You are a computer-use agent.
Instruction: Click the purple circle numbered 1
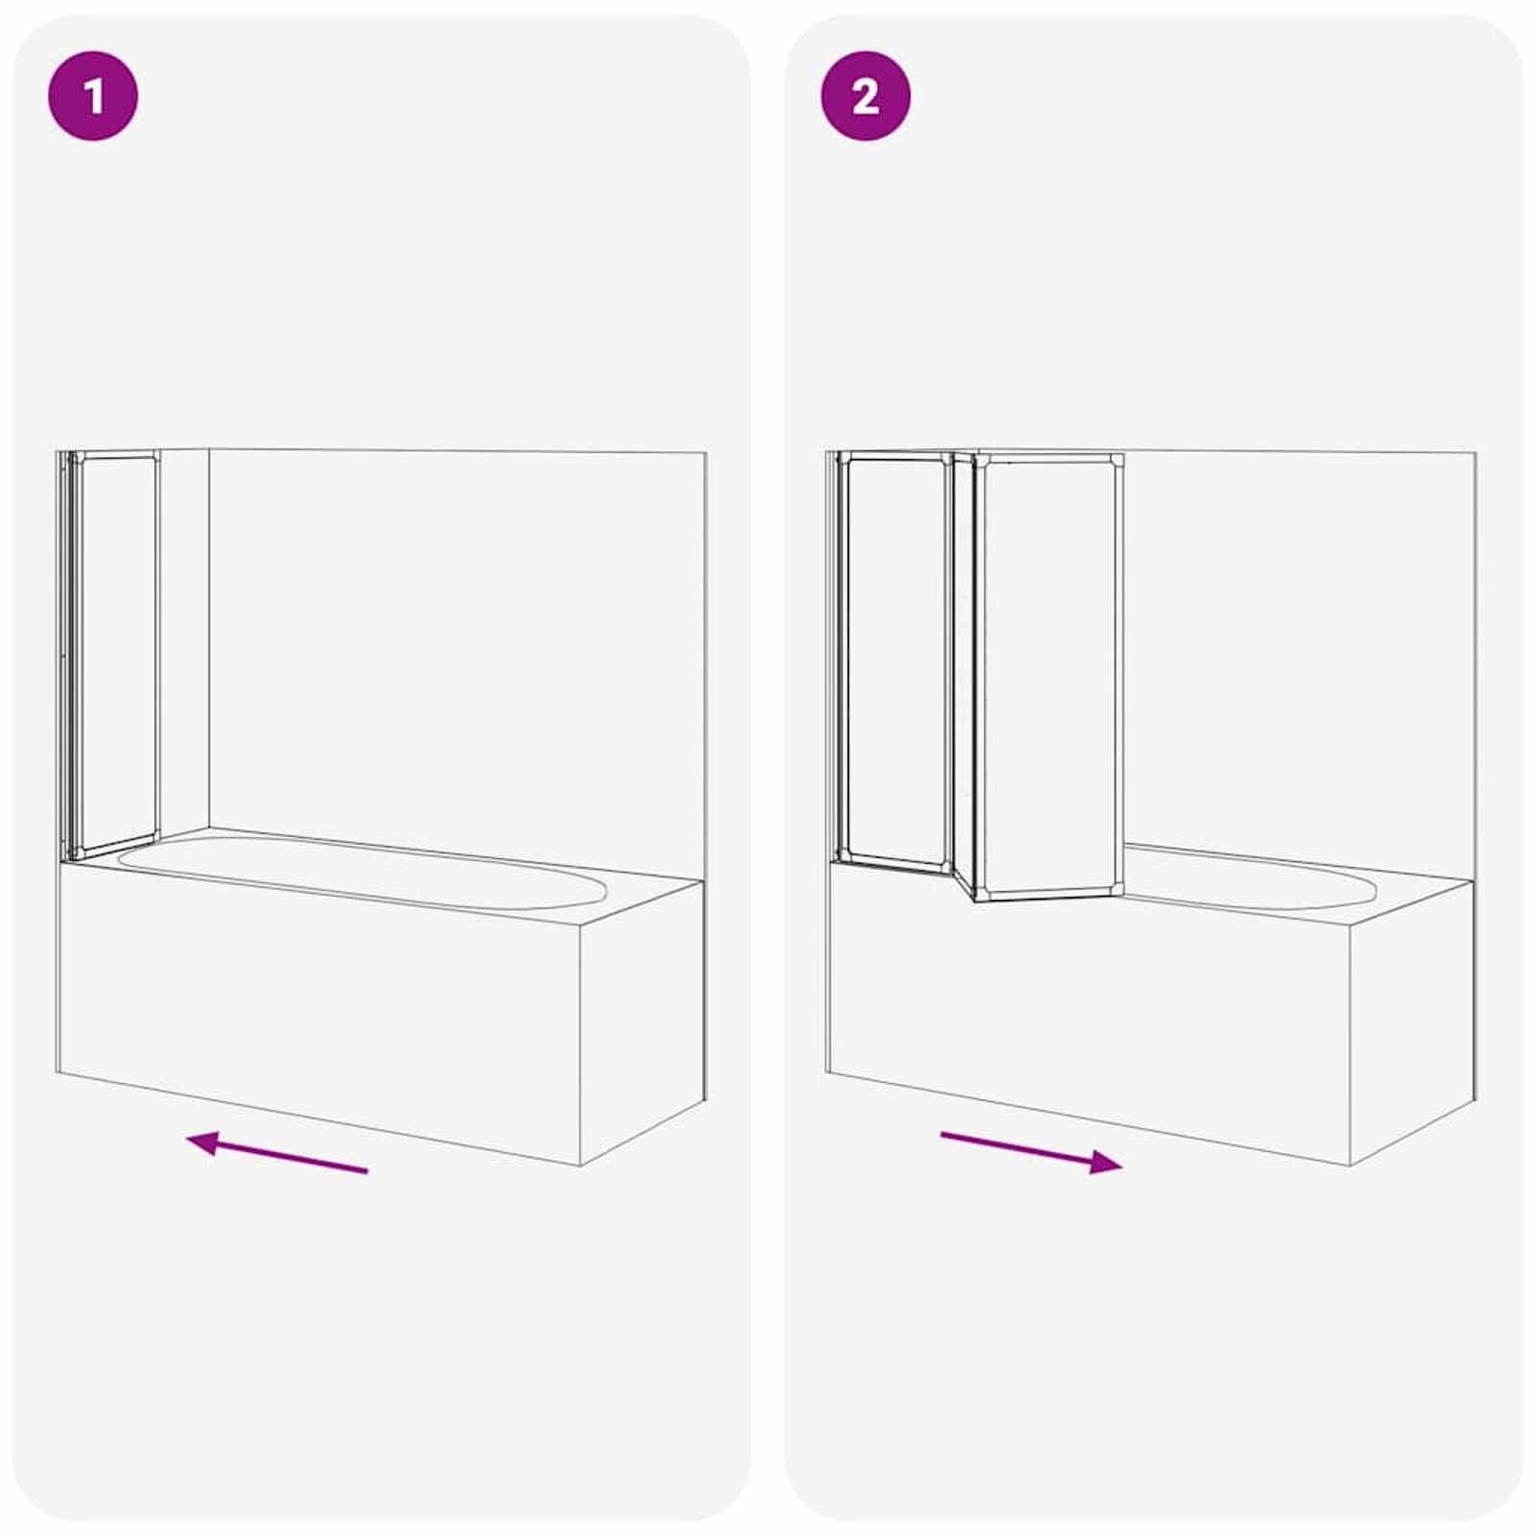tap(93, 96)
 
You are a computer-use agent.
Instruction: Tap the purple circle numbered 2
tap(865, 96)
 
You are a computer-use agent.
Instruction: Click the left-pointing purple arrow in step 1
tap(277, 1153)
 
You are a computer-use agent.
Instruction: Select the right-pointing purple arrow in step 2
tap(1031, 1151)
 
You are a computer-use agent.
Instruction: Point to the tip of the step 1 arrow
tap(189, 1139)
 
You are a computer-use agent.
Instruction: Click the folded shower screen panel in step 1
tap(115, 653)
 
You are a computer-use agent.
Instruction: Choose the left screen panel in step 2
tap(893, 662)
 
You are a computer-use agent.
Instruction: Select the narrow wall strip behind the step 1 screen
tap(183, 643)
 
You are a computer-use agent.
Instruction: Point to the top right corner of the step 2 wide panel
tap(1119, 458)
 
